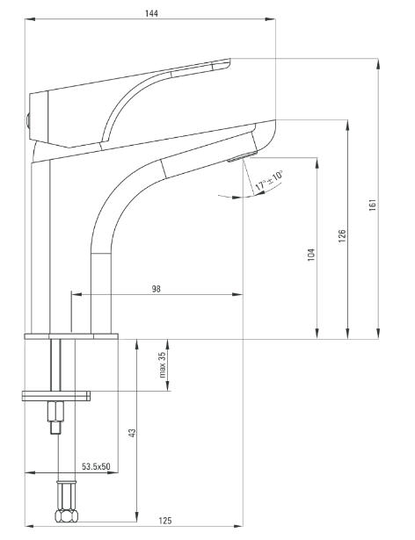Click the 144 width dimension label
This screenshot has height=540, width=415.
pyautogui.click(x=151, y=13)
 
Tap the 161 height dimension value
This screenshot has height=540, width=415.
pyautogui.click(x=373, y=205)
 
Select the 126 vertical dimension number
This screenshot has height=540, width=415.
pyautogui.click(x=341, y=236)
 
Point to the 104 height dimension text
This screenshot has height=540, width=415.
pyautogui.click(x=311, y=255)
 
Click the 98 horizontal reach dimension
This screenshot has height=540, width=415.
pyautogui.click(x=157, y=289)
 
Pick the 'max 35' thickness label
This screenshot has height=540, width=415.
pyautogui.click(x=163, y=364)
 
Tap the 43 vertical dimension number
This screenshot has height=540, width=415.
pyautogui.click(x=132, y=433)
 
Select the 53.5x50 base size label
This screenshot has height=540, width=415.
pyautogui.click(x=96, y=466)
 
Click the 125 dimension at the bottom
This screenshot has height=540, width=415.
pyautogui.click(x=165, y=521)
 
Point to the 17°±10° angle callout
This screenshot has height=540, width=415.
pyautogui.click(x=269, y=180)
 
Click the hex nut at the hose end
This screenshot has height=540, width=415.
pyautogui.click(x=66, y=515)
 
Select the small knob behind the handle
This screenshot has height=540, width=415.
pyautogui.click(x=28, y=121)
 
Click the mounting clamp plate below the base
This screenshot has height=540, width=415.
pyautogui.click(x=56, y=396)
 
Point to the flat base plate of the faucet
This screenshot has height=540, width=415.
pyautogui.click(x=71, y=336)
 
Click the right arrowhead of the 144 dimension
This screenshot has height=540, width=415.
pyautogui.click(x=270, y=19)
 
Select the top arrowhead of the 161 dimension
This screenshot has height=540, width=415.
pyautogui.click(x=378, y=64)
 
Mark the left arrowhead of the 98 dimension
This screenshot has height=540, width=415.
pyautogui.click(x=76, y=294)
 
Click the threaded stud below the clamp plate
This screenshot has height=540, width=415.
pyautogui.click(x=55, y=417)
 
